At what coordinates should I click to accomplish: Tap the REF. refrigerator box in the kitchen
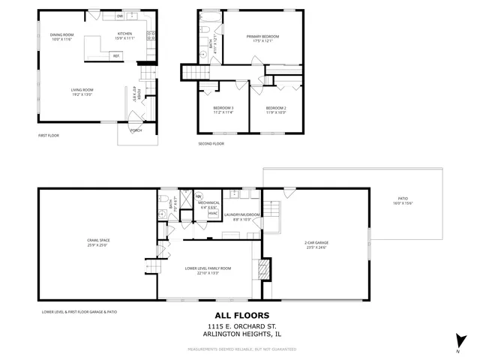[x=116, y=55]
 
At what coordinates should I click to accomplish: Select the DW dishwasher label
[x=120, y=16]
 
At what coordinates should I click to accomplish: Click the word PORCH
[x=136, y=130]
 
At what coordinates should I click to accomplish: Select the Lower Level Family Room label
[x=208, y=269]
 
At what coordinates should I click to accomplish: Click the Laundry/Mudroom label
[x=246, y=217]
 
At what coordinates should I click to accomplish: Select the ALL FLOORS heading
[x=239, y=315]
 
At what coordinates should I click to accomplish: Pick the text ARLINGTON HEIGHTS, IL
[x=239, y=334]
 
